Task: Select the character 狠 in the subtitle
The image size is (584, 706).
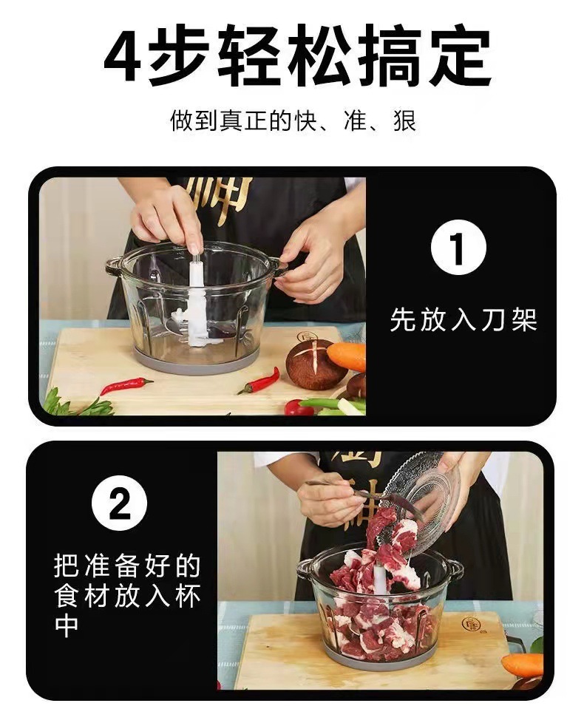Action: click(404, 121)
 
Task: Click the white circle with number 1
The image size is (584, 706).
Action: click(458, 248)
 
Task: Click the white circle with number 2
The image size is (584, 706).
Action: click(119, 503)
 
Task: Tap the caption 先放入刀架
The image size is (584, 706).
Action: click(463, 319)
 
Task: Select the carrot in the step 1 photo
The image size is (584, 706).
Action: click(347, 356)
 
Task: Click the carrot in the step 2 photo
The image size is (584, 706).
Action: click(522, 666)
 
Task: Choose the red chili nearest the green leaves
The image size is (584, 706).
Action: click(126, 385)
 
